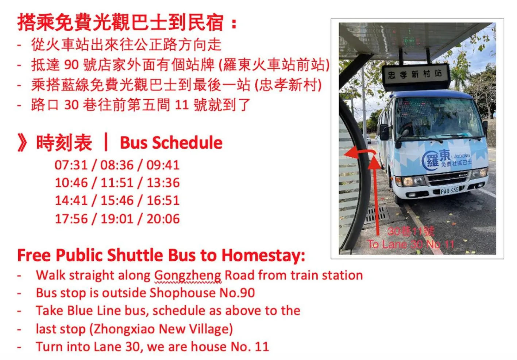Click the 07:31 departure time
[71, 165]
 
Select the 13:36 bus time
[163, 183]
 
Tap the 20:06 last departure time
[163, 219]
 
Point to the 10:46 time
[71, 183]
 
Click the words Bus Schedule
[171, 143]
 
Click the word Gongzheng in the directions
[188, 275]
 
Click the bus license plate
[450, 191]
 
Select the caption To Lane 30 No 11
[411, 244]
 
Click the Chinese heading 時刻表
[64, 143]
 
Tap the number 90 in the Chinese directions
[71, 65]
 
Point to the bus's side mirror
[384, 131]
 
